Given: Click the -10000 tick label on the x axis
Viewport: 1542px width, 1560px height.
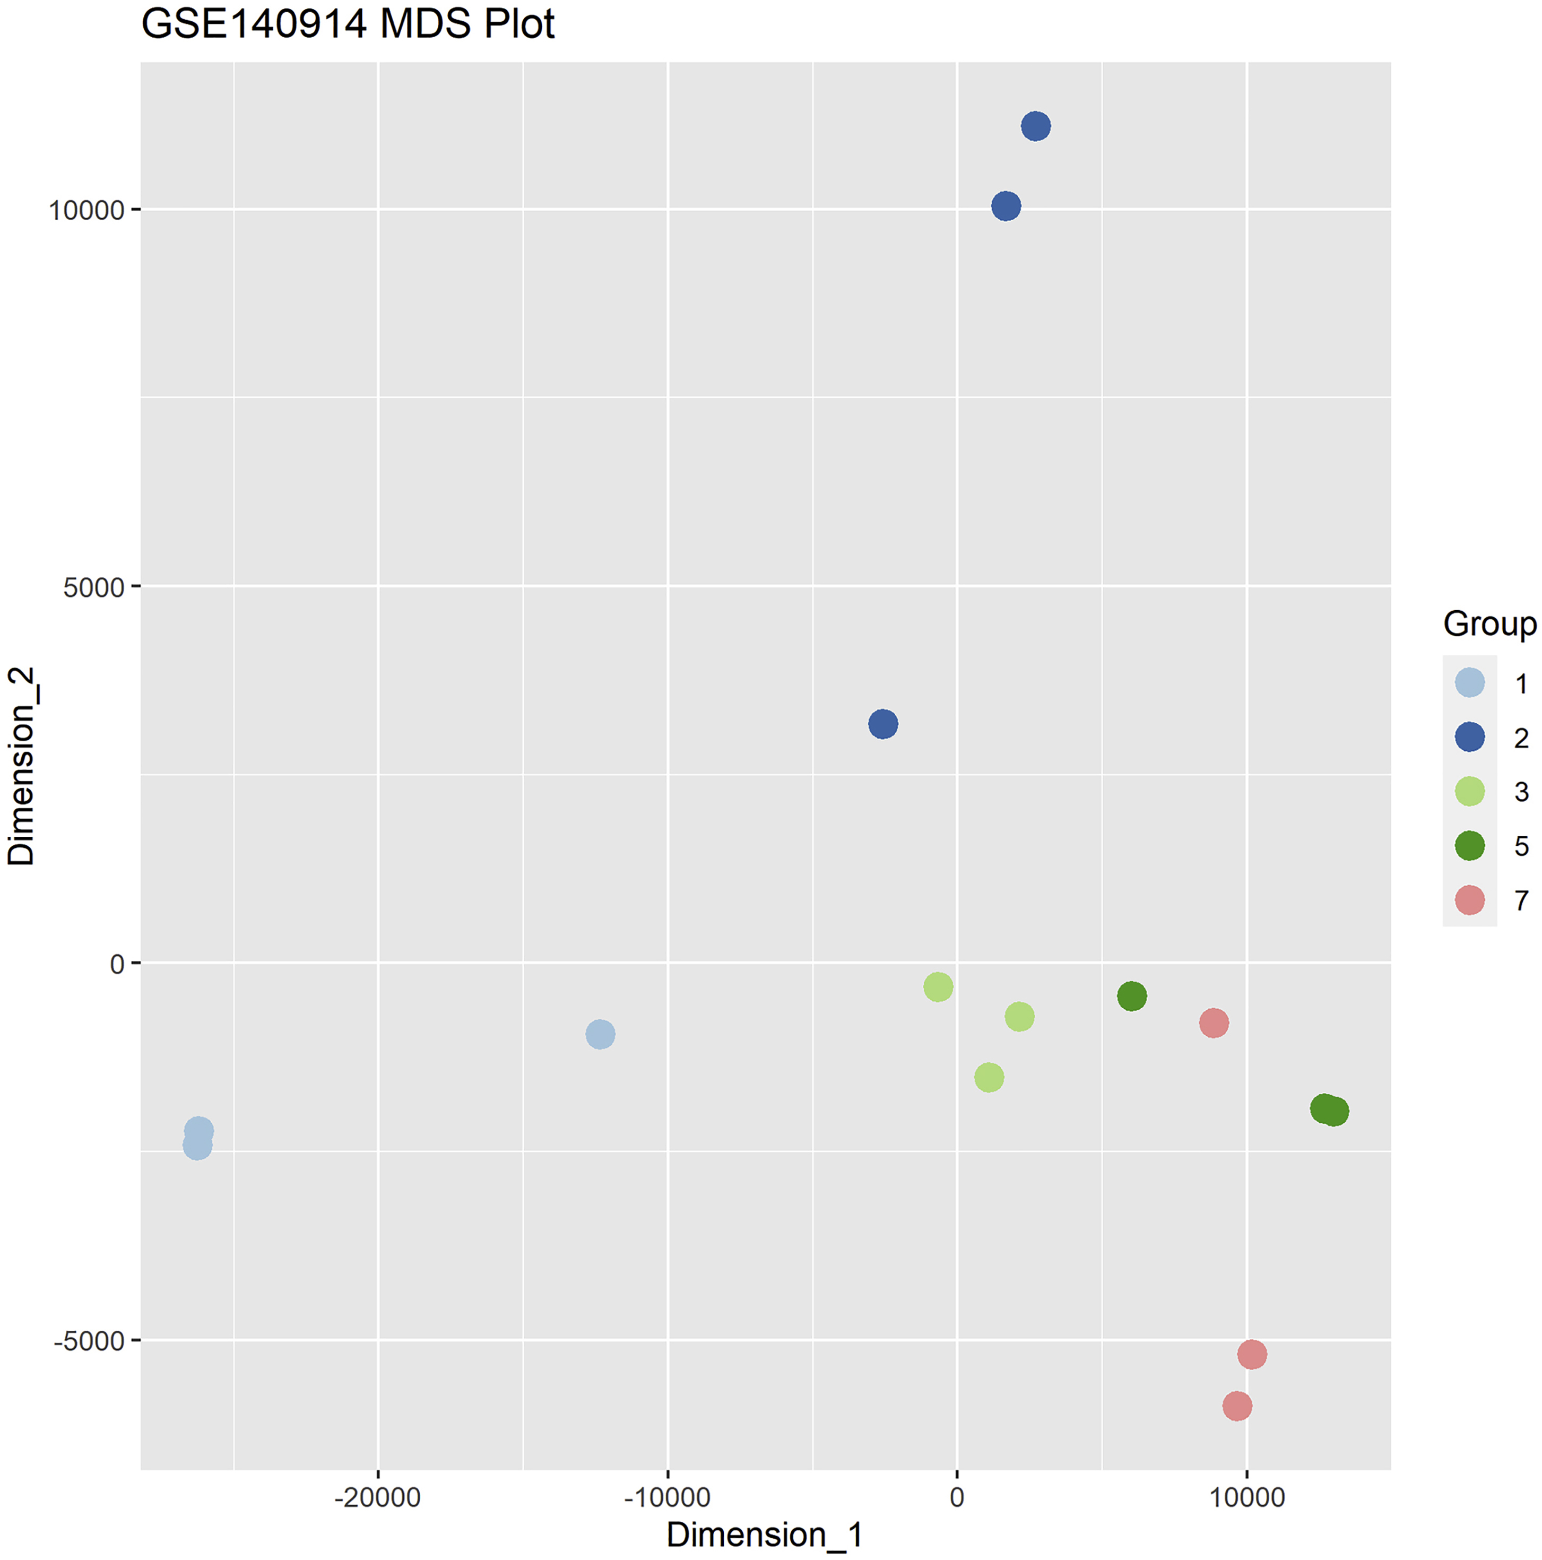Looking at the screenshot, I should [x=667, y=1497].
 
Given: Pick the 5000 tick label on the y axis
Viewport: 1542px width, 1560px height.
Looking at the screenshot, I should [x=93, y=587].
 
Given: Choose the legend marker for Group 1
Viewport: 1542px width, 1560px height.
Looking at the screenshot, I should [x=1469, y=683].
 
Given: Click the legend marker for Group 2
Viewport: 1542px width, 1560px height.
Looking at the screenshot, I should [x=1469, y=737].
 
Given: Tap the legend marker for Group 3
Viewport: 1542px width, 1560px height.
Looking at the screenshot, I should [x=1469, y=791].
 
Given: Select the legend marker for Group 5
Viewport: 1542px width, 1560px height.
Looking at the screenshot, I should [x=1469, y=845].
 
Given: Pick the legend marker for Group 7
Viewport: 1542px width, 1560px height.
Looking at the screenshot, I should [x=1469, y=899].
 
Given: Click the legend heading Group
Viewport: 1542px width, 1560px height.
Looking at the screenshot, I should [x=1489, y=624].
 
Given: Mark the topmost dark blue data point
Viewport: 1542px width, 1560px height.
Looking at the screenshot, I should [x=1036, y=126].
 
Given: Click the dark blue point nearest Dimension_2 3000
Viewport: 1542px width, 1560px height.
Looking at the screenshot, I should [x=883, y=723].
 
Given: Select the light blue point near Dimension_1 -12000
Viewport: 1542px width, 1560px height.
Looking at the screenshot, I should [x=600, y=1034].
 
